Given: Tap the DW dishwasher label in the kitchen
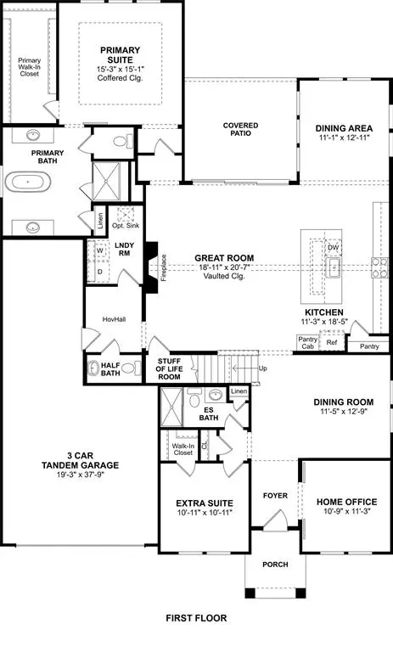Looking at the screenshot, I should pyautogui.click(x=334, y=248).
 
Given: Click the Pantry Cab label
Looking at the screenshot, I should pyautogui.click(x=307, y=343).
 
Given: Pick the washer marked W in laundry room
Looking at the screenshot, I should pyautogui.click(x=99, y=250).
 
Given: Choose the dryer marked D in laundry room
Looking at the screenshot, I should pyautogui.click(x=99, y=272).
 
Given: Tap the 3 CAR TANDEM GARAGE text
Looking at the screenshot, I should pyautogui.click(x=81, y=469).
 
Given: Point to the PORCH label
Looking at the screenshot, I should pyautogui.click(x=274, y=565).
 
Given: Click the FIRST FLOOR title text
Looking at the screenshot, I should pyautogui.click(x=196, y=618).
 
